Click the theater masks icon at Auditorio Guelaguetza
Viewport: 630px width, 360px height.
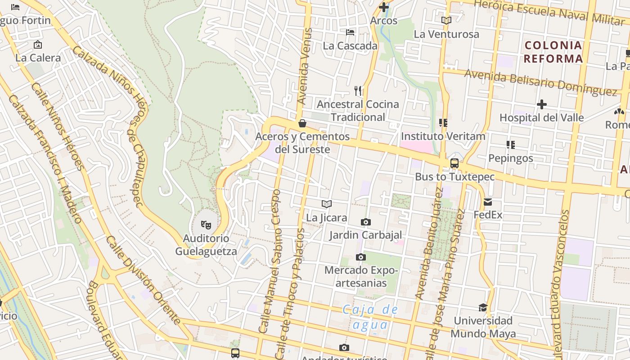206,224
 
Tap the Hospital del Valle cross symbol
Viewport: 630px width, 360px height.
542,104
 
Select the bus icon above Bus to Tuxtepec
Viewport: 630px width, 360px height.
454,163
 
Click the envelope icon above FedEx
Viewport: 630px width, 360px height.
488,202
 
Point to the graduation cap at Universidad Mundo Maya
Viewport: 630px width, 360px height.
483,307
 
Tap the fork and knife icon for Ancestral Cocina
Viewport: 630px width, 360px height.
358,91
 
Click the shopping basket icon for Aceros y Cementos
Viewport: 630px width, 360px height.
302,123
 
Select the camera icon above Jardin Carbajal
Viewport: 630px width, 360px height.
366,222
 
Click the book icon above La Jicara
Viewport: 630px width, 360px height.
327,204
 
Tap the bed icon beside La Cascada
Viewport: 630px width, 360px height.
350,32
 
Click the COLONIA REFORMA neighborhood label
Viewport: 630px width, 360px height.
553,52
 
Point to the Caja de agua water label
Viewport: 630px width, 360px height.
370,317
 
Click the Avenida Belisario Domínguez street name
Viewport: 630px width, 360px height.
540,82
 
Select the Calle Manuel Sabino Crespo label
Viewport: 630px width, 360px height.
270,261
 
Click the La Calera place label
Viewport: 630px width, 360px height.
38,58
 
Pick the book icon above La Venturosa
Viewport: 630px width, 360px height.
446,21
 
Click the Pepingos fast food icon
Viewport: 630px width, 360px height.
511,145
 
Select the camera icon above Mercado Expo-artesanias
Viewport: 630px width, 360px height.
360,257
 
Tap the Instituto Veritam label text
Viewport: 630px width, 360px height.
443,136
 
